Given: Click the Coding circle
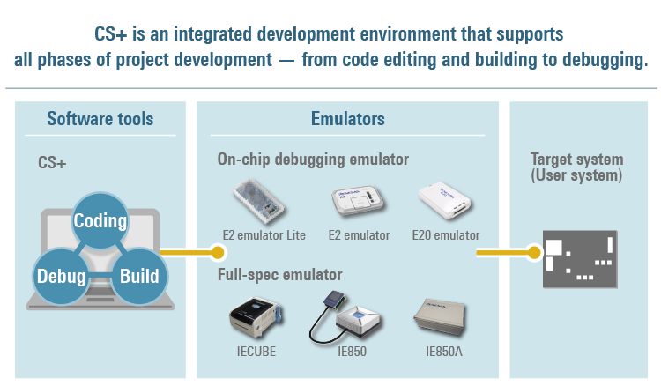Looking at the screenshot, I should [x=100, y=220].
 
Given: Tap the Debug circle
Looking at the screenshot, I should [x=61, y=276].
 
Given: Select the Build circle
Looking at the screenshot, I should [x=139, y=276].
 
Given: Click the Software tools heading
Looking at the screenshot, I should [x=100, y=119].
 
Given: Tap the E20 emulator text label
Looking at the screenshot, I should [x=446, y=235].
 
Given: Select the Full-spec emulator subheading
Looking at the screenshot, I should [x=279, y=275].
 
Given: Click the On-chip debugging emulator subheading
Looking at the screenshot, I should [x=313, y=160].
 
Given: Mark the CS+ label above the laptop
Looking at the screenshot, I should [x=52, y=163].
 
